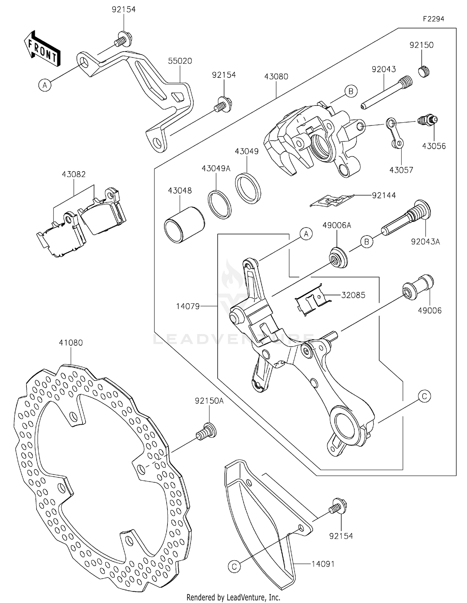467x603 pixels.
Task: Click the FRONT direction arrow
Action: point(42,49)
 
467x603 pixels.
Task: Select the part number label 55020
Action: point(180,61)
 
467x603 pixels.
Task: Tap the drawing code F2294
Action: point(433,19)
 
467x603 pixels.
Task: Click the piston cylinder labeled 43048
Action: point(184,224)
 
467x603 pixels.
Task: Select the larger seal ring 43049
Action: point(248,188)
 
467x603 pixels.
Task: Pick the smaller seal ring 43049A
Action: point(219,204)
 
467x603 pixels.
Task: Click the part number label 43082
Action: point(73,175)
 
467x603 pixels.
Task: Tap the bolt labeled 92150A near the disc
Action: point(206,431)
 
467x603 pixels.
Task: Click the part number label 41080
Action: point(71,343)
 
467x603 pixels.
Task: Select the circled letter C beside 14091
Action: point(234,566)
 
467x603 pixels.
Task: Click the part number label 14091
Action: point(323,564)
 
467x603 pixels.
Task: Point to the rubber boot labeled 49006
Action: point(418,287)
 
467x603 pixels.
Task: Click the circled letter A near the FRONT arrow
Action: point(45,85)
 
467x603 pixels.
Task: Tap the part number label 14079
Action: point(188,306)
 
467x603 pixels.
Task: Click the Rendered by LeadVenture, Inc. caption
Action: point(233,597)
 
